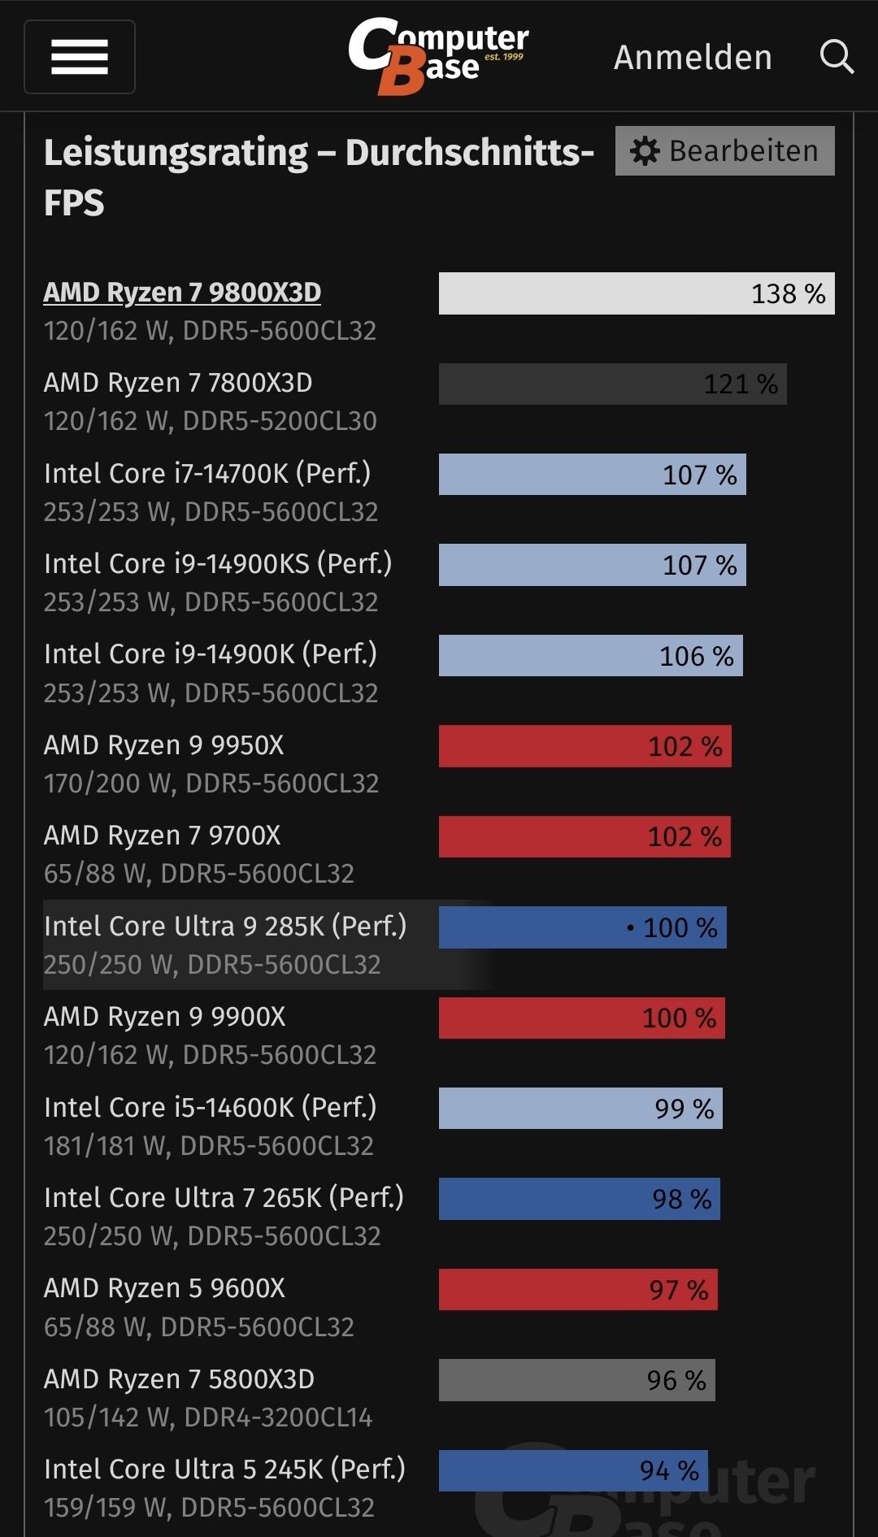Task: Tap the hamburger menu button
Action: point(80,57)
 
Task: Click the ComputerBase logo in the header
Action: point(438,55)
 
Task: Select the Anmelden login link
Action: point(693,58)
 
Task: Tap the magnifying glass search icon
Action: point(837,57)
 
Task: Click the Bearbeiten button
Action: point(724,150)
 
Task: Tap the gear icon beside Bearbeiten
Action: point(645,151)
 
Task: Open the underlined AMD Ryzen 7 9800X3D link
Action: point(182,293)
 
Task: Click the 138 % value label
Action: point(788,293)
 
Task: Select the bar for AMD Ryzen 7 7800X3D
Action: point(612,384)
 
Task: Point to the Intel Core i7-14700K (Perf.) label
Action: point(207,473)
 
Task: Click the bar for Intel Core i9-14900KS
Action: point(592,565)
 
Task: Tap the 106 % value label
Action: point(696,656)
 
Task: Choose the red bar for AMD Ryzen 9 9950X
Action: point(585,746)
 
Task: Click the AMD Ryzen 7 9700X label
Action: point(163,836)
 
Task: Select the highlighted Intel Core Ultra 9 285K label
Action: point(225,927)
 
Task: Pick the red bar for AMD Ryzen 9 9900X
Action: point(581,1018)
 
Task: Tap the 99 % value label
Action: point(684,1109)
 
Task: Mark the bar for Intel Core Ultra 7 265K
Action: point(579,1199)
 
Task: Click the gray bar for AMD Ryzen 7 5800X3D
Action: point(576,1380)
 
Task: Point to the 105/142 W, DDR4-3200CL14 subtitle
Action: point(208,1418)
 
